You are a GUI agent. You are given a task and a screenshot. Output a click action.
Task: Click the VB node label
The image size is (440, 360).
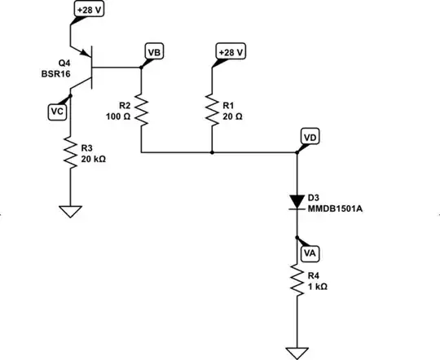tap(153, 50)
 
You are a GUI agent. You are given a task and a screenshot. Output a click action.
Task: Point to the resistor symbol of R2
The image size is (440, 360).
tap(142, 109)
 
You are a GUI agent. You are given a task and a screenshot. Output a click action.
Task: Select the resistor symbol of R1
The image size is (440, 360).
tap(211, 109)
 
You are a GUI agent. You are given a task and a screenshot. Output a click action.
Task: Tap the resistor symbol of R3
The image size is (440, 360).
tap(71, 151)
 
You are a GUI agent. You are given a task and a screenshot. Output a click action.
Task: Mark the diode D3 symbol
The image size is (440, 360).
tap(297, 202)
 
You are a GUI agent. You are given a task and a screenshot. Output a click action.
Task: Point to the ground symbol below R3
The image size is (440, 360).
tap(71, 213)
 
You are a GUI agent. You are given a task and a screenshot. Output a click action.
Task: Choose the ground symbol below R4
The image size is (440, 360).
tap(297, 352)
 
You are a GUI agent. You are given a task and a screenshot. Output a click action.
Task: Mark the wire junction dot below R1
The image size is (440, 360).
tap(211, 152)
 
